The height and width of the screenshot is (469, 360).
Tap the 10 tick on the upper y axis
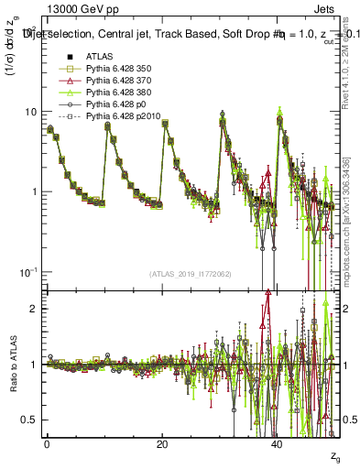30,112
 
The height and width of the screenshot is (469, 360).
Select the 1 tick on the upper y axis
33,192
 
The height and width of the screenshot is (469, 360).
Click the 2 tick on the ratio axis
33,309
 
